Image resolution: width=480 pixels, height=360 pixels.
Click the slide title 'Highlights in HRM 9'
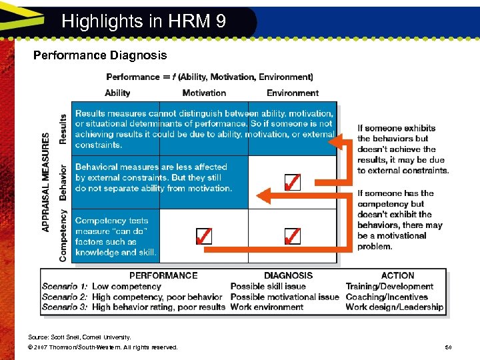point(143,21)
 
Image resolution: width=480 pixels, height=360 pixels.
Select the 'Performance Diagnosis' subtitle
point(100,55)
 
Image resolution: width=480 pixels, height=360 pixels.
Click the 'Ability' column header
point(117,93)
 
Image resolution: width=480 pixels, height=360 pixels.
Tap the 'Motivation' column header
point(204,93)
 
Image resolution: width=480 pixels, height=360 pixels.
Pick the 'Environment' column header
point(293,93)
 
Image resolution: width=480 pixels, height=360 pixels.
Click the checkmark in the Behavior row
point(291,182)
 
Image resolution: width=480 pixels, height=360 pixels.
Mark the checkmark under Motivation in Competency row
point(204,236)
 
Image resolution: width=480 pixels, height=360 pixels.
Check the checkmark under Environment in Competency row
point(291,236)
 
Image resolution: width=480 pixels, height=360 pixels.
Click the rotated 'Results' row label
point(63,128)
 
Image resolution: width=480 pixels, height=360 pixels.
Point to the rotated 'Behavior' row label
point(63,182)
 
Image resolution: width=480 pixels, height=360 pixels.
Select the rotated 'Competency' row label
point(63,235)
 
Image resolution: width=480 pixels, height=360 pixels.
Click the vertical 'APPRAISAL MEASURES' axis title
point(46,182)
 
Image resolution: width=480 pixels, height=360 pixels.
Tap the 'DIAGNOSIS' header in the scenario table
point(288,275)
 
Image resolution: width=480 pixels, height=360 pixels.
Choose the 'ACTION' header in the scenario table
point(397,275)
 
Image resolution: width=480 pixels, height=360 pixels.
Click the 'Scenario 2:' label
point(65,297)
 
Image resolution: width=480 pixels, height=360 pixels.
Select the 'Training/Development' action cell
point(389,287)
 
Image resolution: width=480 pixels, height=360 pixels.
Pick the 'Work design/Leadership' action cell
point(394,307)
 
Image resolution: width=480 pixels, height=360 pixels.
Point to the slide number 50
point(448,347)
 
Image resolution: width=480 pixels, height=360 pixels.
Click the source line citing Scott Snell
point(80,337)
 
